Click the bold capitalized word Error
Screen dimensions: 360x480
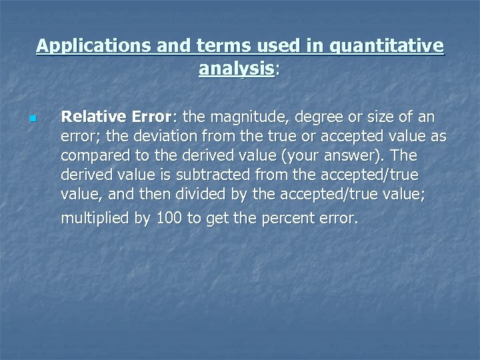(x=151, y=118)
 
